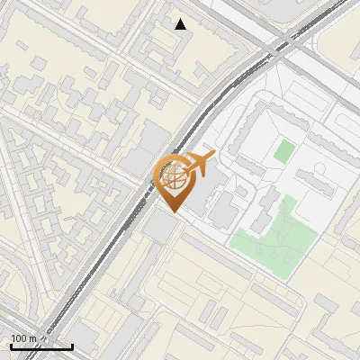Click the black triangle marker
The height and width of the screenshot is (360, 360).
181,24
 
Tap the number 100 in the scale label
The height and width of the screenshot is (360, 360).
20,338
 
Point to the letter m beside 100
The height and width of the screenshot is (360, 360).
33,338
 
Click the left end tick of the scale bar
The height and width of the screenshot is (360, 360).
10,346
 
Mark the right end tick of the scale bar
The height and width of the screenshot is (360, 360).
72,346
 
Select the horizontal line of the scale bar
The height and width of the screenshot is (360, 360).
40,347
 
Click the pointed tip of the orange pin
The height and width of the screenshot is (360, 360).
174,212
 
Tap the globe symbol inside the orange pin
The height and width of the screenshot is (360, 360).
174,176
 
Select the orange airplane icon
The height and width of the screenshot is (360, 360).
196,165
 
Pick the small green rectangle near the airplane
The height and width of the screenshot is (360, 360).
283,150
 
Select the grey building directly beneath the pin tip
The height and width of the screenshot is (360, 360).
161,227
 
